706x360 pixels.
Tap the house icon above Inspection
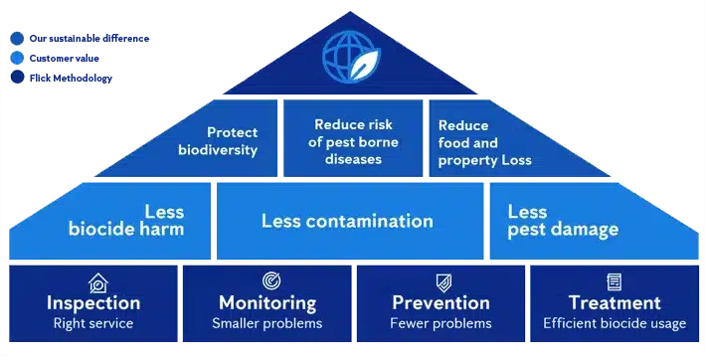point(96,282)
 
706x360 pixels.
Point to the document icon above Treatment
point(614,282)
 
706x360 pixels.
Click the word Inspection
point(93,302)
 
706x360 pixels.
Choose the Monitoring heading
point(267,302)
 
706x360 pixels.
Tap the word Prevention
point(441,302)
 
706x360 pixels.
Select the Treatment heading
point(615,302)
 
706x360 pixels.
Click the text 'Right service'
point(93,323)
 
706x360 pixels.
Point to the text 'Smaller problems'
point(266,323)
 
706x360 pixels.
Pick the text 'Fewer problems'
point(441,323)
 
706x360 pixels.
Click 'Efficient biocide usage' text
point(615,323)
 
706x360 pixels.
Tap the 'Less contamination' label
point(347,221)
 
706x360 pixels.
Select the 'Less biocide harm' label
point(126,221)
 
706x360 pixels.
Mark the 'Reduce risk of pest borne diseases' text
point(353,141)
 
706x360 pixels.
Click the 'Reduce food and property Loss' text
point(484,142)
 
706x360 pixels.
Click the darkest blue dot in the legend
point(17,76)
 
